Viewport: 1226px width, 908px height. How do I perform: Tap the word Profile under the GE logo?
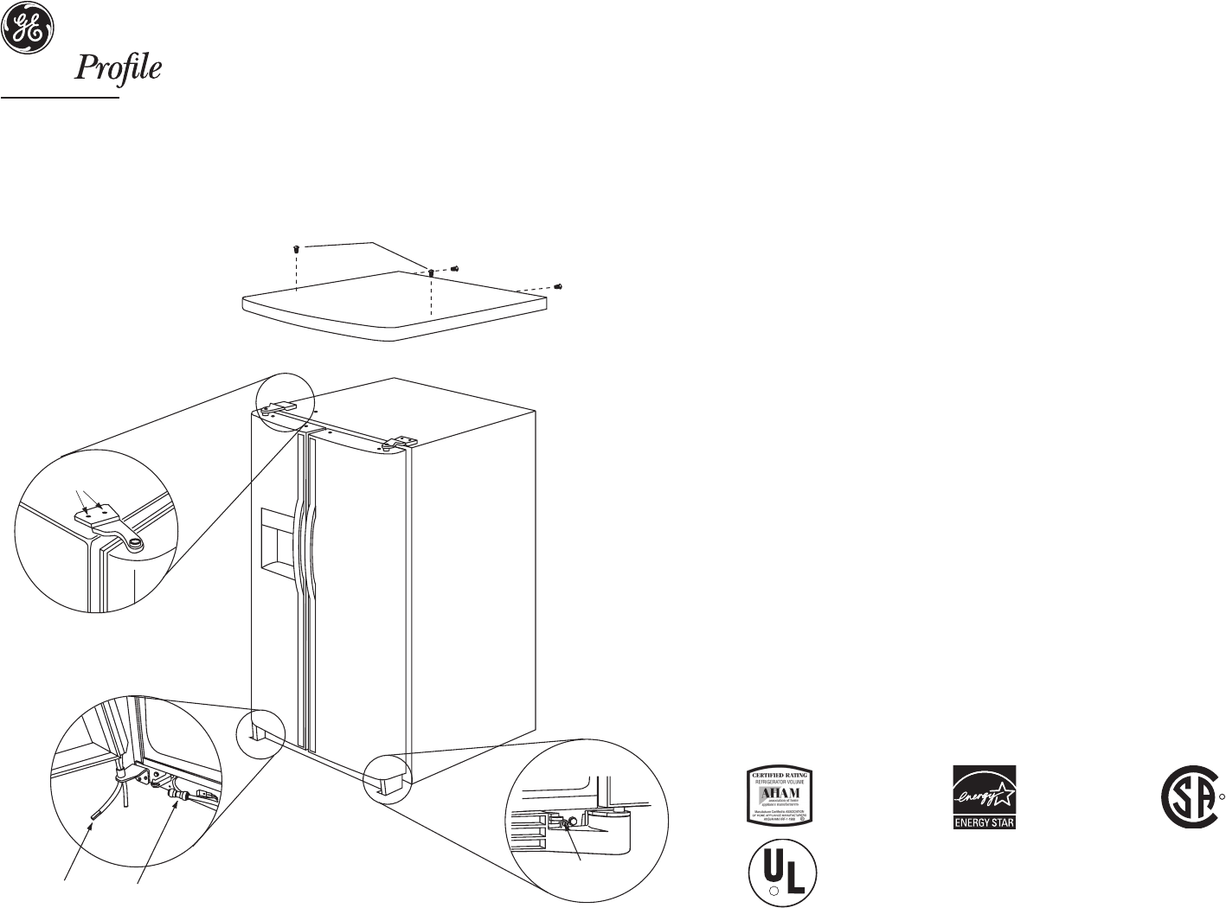point(119,68)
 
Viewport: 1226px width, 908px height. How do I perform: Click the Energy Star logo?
point(984,796)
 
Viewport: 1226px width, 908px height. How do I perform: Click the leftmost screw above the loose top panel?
point(296,248)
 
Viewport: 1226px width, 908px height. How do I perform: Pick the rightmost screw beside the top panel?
point(559,285)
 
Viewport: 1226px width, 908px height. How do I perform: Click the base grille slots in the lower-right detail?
point(528,830)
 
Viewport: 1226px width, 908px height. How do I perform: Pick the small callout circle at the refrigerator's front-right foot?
point(386,776)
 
